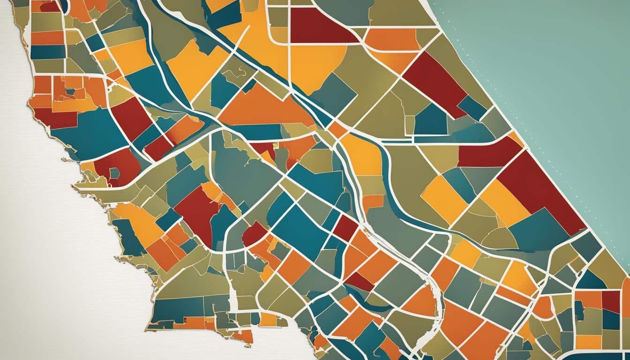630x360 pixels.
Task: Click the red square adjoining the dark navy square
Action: click(x=610, y=300)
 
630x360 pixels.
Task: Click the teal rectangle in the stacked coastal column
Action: click(x=47, y=52)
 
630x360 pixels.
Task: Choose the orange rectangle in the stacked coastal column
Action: click(x=47, y=37)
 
